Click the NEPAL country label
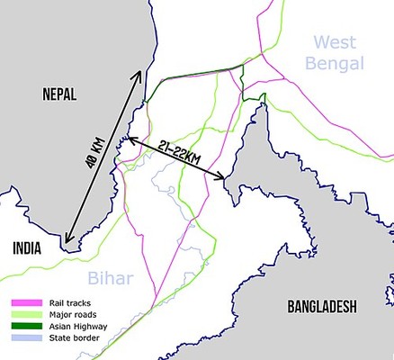click(51, 93)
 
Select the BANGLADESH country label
click(321, 307)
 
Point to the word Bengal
click(334, 63)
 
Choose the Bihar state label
click(109, 276)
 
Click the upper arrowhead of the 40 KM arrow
click(141, 72)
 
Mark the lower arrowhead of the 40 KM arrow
click(66, 242)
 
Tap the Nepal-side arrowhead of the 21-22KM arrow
click(130, 139)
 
